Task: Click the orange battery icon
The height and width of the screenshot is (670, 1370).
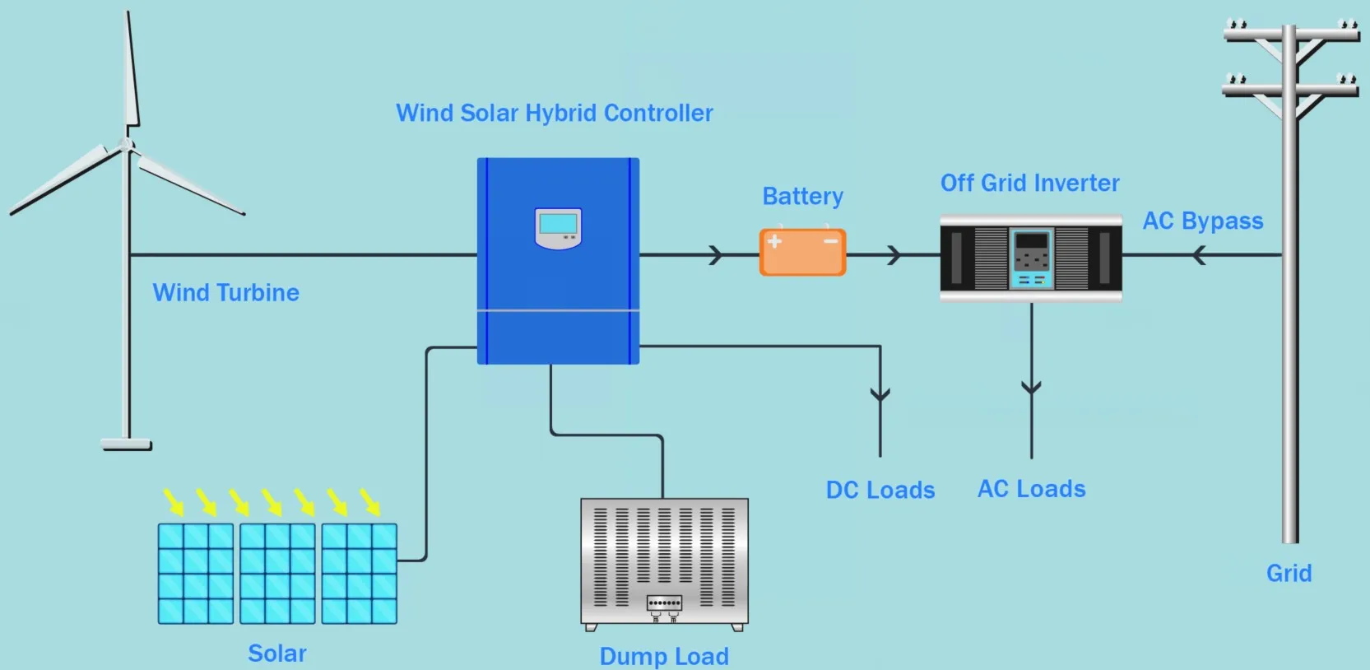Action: (802, 252)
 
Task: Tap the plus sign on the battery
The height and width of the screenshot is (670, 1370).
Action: (774, 241)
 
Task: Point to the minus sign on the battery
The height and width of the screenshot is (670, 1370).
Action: (830, 241)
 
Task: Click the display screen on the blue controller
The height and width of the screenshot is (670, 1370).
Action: (558, 224)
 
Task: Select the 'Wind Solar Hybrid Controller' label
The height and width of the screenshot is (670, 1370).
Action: (554, 114)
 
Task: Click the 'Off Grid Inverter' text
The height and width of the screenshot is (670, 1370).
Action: (1030, 183)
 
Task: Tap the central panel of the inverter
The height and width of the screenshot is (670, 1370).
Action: (1032, 258)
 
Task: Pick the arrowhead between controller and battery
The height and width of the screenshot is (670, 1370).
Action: (716, 254)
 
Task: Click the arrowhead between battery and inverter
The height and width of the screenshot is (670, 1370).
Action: (894, 254)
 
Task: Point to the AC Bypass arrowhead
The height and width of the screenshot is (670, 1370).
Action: (1200, 254)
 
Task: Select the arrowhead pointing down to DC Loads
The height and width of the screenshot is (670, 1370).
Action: (880, 394)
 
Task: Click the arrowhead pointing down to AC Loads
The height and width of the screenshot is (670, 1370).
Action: (1031, 388)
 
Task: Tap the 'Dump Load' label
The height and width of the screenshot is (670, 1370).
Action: (664, 657)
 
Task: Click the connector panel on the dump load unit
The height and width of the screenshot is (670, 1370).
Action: (664, 603)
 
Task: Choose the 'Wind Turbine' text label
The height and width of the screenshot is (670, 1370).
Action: (225, 292)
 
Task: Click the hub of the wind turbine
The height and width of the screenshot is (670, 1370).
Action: (126, 145)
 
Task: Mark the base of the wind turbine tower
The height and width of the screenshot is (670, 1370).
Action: (126, 444)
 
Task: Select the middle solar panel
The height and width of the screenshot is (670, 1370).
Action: (277, 574)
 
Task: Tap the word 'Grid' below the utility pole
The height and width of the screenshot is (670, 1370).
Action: (1289, 574)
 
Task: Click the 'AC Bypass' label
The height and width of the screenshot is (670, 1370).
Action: (1202, 221)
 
